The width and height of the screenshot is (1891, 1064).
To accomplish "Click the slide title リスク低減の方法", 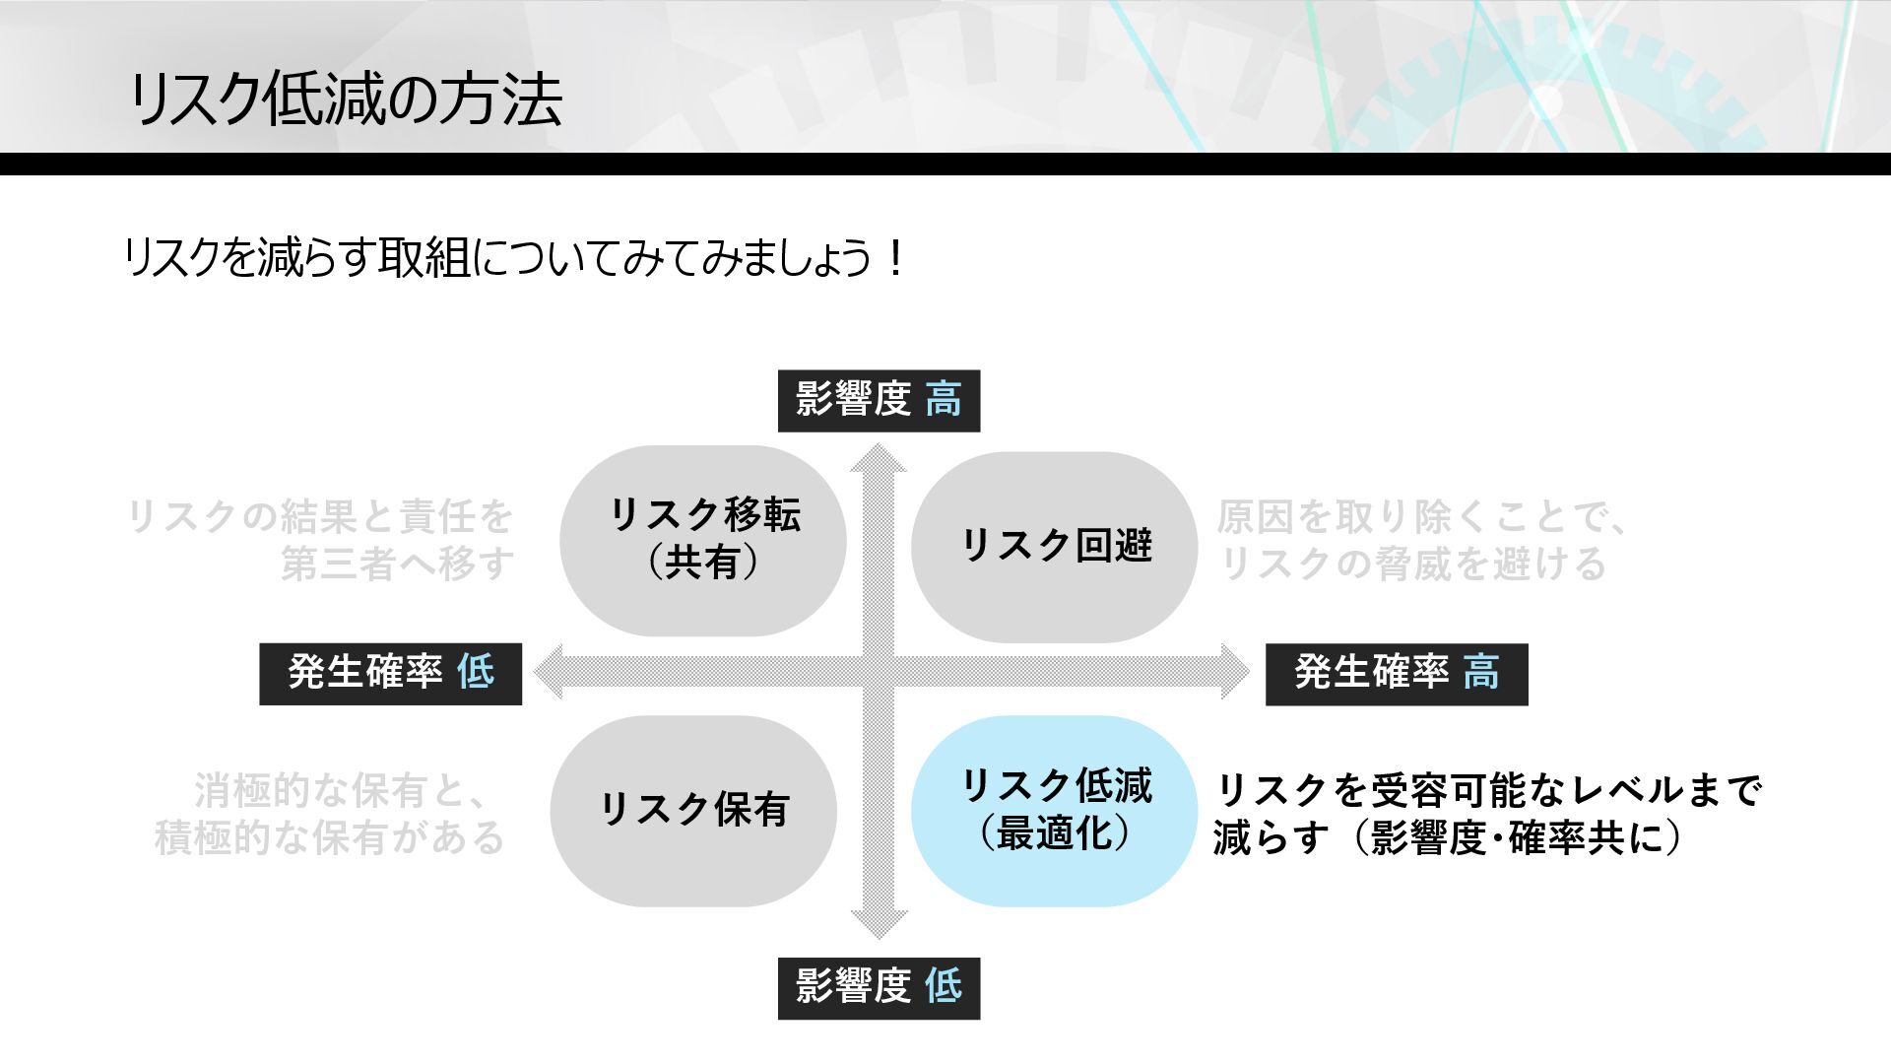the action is coord(345,100).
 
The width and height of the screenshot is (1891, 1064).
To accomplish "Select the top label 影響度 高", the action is coord(879,401).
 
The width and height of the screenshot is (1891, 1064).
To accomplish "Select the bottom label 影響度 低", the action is coord(879,987).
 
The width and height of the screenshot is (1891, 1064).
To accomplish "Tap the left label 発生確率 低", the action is coord(390,674).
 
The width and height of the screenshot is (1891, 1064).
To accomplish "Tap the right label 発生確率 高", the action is coord(1396,674).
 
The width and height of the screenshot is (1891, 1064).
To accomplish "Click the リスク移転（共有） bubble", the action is coord(703,540).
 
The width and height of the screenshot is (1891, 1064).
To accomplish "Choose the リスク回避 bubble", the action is coord(1055,546).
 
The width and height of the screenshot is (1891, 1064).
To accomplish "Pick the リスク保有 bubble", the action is coord(693,810).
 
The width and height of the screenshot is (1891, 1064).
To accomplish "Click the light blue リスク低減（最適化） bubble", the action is coord(1055,810).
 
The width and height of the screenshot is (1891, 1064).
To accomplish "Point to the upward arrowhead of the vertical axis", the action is coord(879,459).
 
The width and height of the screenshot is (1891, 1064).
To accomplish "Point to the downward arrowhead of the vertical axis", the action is coord(879,924).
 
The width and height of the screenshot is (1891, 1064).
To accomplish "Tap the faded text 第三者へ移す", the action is coord(398,565).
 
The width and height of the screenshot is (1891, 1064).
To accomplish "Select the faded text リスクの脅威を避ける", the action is coord(1413,565).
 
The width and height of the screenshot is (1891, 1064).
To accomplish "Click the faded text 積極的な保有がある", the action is coord(330,837).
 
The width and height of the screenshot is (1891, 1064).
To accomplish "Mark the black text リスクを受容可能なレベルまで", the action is coord(1488,790).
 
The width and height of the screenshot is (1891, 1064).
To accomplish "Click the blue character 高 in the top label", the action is coord(944,401).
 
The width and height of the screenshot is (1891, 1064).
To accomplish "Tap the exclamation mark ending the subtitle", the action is coord(894,260).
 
